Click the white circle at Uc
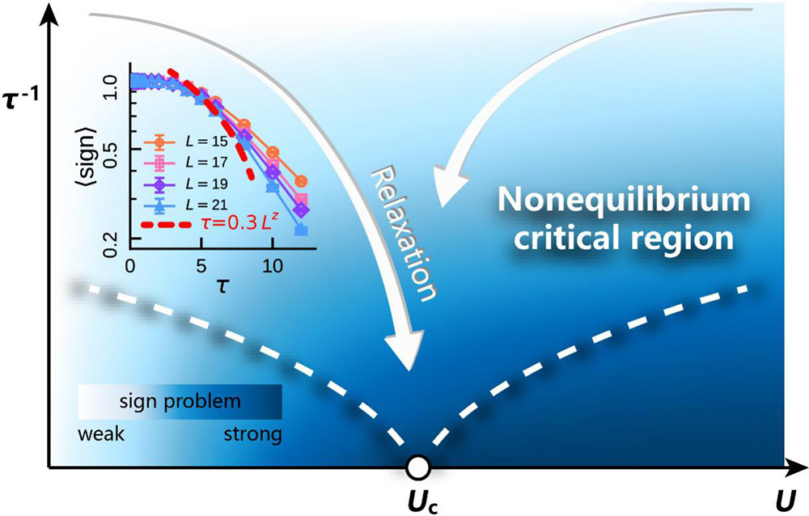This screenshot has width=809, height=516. (x=418, y=467)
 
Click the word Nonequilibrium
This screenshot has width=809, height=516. (x=606, y=199)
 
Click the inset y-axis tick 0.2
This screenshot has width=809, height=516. (x=112, y=239)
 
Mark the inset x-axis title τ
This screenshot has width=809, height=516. (x=216, y=286)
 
